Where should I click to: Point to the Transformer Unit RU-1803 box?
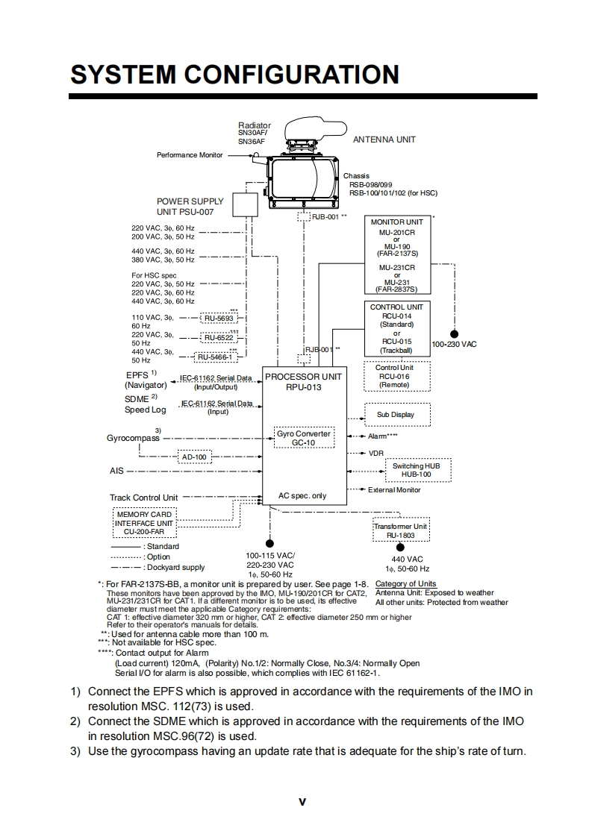point(400,531)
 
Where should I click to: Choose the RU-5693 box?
point(219,319)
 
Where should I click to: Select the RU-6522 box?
point(219,338)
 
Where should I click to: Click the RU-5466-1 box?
point(215,357)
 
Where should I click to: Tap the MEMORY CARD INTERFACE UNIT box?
point(144,523)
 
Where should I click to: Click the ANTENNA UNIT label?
point(384,139)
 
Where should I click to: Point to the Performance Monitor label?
point(190,155)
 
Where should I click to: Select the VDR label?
point(376,453)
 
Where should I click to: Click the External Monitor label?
point(394,490)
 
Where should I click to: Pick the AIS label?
point(116,471)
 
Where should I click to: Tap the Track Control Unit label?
point(144,498)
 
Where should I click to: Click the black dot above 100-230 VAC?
point(453,334)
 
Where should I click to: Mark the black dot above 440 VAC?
point(400,548)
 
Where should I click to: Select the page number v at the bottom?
point(302,802)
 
